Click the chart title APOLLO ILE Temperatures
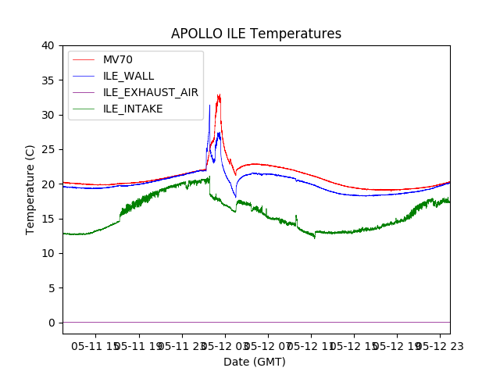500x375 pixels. (x=256, y=34)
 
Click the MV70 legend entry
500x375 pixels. (x=119, y=59)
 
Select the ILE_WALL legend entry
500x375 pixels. (x=128, y=76)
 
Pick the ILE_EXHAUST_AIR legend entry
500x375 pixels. (x=150, y=92)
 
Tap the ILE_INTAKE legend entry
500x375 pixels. (x=133, y=109)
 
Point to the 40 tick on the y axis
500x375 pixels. (x=48, y=45)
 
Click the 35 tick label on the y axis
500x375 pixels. (x=48, y=80)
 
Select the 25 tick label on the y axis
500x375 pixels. (x=48, y=149)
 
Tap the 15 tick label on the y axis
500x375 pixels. (x=48, y=219)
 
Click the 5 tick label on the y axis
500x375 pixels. (x=51, y=288)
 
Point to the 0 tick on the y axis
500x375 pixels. (x=51, y=323)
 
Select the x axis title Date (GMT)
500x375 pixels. (x=255, y=362)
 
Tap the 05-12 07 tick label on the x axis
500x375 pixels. (x=267, y=344)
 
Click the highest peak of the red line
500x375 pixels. (x=219, y=95)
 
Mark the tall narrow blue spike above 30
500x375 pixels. (x=209, y=105)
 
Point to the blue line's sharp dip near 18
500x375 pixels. (x=235, y=197)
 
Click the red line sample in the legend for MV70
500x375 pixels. (x=83, y=59)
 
